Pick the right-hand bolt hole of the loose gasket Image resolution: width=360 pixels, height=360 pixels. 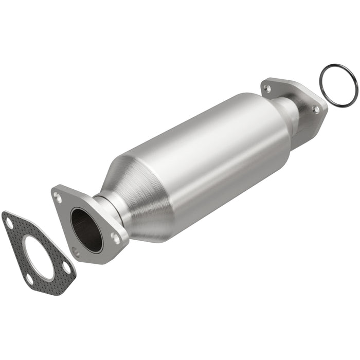tap(66, 268)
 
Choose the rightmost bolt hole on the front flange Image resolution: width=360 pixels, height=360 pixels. tap(116, 238)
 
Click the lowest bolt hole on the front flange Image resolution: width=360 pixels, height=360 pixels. tap(76, 251)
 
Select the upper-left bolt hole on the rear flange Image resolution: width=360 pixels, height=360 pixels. tap(267, 89)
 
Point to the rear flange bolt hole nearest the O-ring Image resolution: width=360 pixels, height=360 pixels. tap(315, 109)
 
